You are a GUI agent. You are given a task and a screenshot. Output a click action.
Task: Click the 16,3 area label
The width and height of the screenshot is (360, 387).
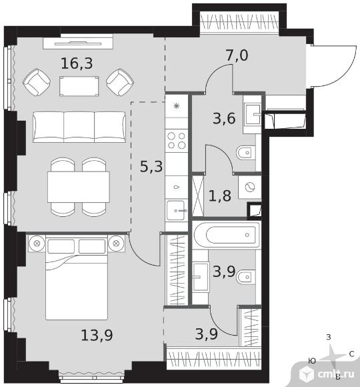[77, 63]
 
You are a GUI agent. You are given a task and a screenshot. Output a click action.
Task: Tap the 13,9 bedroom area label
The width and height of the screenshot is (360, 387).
[97, 335]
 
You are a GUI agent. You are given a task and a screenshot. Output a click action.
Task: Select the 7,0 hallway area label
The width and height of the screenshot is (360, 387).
[237, 55]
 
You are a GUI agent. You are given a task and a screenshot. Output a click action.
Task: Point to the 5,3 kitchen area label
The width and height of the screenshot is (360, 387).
[151, 166]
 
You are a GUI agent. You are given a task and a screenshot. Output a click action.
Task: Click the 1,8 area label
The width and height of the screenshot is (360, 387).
[220, 196]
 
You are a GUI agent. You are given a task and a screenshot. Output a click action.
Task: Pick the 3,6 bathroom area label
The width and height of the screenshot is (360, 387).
[224, 119]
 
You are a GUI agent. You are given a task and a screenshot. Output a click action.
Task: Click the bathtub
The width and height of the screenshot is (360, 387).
[227, 235]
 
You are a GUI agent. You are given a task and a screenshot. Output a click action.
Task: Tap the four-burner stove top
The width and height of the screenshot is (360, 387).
[177, 140]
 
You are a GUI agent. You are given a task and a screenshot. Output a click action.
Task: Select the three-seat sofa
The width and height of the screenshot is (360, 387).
[79, 127]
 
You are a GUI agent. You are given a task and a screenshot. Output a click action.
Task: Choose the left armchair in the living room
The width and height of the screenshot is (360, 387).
[37, 82]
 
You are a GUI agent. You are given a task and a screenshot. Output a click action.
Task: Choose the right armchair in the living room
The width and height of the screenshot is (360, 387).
[120, 82]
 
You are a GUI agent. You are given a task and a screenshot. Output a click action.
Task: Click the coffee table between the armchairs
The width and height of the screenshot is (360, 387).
[79, 86]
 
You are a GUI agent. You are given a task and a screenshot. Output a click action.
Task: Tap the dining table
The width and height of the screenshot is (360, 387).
[79, 187]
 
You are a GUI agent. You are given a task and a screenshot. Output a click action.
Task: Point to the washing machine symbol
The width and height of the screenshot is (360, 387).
[250, 187]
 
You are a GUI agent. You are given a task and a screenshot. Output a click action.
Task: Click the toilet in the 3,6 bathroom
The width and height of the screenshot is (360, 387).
[245, 153]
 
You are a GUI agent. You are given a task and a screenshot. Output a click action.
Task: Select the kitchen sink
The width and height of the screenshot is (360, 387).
[176, 210]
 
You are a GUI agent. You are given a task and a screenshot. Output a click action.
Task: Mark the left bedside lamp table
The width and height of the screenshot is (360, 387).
[37, 244]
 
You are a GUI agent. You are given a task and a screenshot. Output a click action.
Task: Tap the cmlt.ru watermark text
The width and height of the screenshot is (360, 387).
[336, 374]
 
